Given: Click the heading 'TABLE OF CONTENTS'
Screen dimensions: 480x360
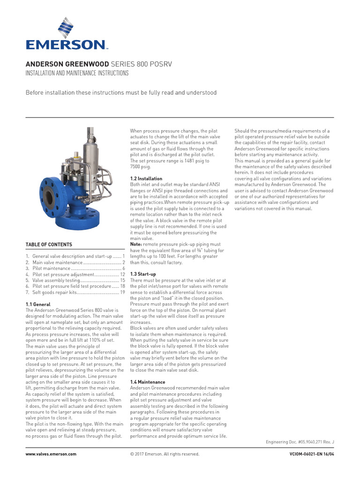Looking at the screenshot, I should pyautogui.click(x=49, y=245).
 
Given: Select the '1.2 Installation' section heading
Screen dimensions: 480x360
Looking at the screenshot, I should pyautogui.click(x=146, y=179).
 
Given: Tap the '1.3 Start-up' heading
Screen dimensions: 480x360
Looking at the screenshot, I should pyautogui.click(x=143, y=274).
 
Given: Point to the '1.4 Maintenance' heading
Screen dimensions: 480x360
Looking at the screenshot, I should pyautogui.click(x=148, y=382).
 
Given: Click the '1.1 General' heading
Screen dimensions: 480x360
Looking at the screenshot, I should pyautogui.click(x=38, y=304).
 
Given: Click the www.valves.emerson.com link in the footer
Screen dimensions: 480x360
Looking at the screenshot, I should pyautogui.click(x=51, y=454).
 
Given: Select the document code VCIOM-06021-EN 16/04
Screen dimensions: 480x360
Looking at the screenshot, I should pyautogui.click(x=312, y=454).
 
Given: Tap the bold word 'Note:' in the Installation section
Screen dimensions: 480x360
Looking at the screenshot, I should pyautogui.click(x=136, y=245).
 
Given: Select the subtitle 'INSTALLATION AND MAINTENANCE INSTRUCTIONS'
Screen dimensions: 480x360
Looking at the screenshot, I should pyautogui.click(x=77, y=73).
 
